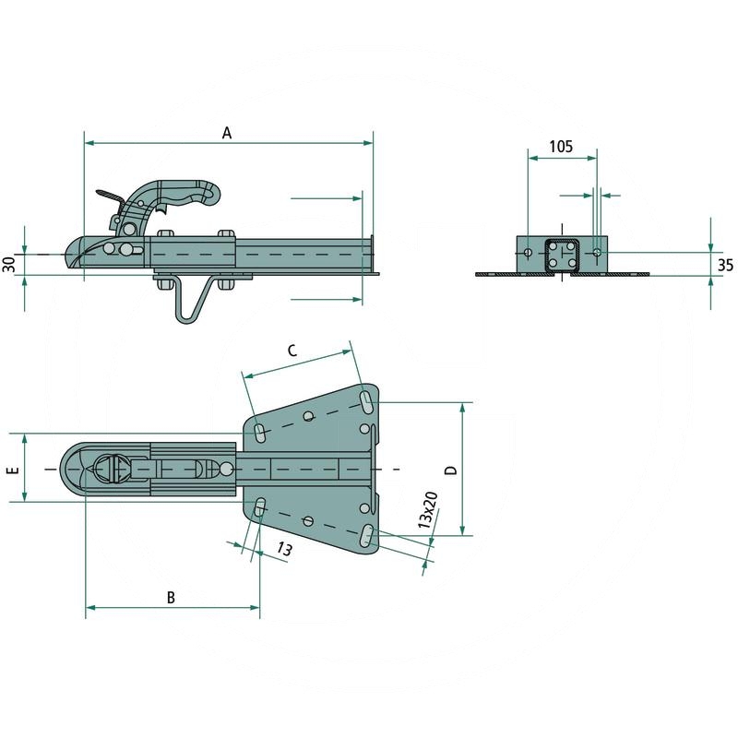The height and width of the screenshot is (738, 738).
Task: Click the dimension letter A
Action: [227, 133]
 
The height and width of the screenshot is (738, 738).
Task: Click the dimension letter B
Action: [171, 597]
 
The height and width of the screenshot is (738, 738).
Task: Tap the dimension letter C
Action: [292, 351]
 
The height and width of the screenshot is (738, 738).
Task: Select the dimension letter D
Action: [451, 470]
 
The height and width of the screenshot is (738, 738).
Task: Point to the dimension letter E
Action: [14, 470]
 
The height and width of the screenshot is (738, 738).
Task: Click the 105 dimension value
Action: [561, 147]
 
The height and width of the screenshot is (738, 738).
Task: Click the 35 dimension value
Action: [725, 265]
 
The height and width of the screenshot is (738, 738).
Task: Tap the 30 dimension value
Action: [9, 264]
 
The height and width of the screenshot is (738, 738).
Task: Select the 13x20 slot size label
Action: [428, 510]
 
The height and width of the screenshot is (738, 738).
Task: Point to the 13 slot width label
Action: [284, 549]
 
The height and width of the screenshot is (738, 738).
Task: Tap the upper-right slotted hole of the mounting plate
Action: [366, 400]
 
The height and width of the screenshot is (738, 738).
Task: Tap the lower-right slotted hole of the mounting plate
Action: [366, 536]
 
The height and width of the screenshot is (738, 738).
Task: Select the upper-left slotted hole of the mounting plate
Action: [259, 433]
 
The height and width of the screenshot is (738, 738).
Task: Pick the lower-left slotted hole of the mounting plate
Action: [259, 508]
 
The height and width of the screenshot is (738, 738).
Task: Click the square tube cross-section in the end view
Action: [562, 256]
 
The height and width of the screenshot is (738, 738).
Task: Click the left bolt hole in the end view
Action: [528, 253]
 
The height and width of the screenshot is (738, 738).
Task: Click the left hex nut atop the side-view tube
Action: [166, 234]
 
